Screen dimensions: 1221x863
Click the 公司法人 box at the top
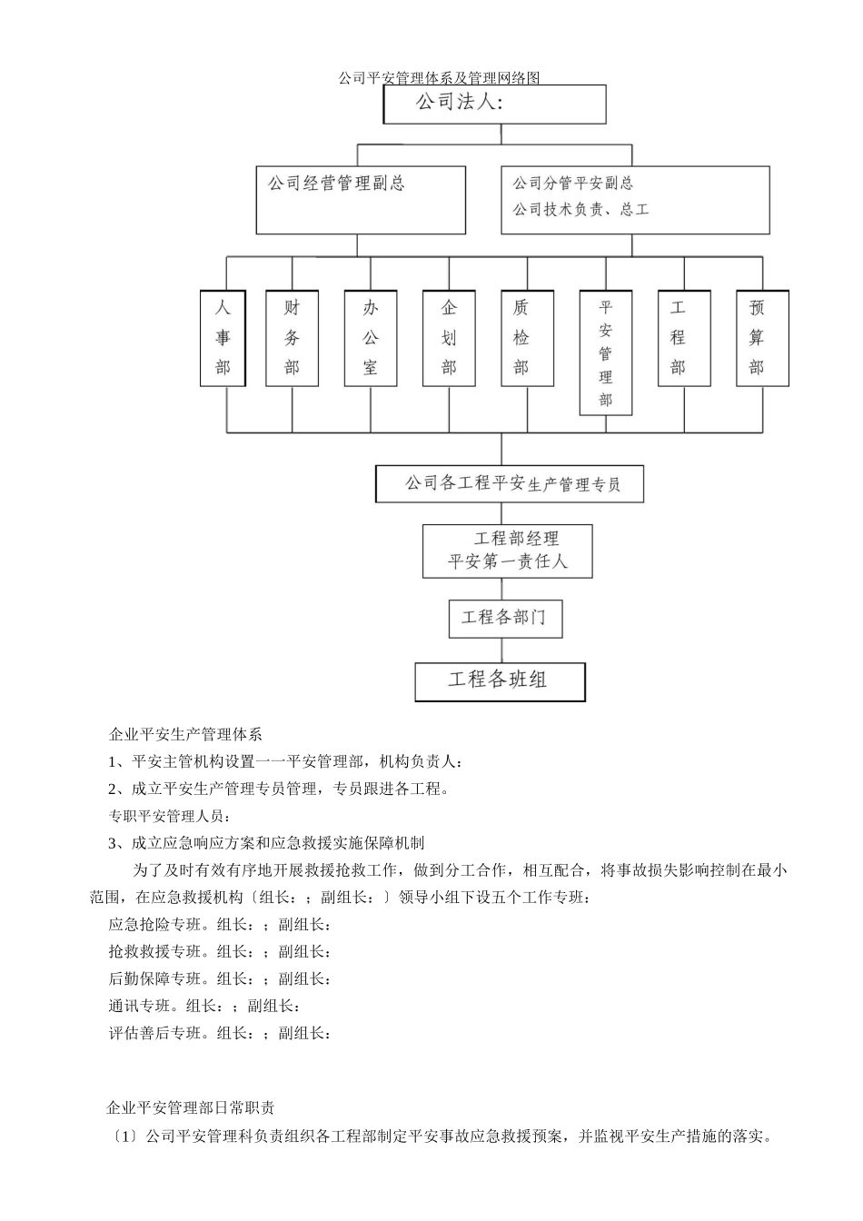494,104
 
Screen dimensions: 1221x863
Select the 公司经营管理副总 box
361,199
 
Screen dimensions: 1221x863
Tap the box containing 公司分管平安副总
634,199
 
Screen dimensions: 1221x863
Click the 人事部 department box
223,338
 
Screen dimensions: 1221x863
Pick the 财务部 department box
292,338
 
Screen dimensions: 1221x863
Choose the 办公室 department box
370,338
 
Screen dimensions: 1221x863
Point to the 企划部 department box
449,338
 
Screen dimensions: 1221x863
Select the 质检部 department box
521,338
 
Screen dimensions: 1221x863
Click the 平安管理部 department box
606,352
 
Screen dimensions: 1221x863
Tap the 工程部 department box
684,338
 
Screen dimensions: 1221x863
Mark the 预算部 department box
762,338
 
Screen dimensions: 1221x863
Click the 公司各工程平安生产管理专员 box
510,483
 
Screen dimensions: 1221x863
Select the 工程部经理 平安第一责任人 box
507,551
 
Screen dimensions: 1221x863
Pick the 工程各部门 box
505,618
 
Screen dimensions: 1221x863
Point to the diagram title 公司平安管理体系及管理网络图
439,78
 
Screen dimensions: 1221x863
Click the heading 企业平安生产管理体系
185,734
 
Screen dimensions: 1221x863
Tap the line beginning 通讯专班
203,1006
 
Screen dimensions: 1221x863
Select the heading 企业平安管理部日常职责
191,1107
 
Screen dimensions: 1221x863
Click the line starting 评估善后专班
219,1033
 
